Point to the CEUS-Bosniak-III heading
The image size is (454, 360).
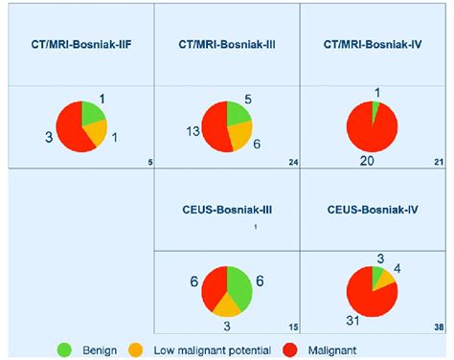pos(226,209)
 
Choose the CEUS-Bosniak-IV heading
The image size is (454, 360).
pos(375,209)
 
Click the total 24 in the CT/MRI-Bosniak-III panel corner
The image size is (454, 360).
pos(293,162)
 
